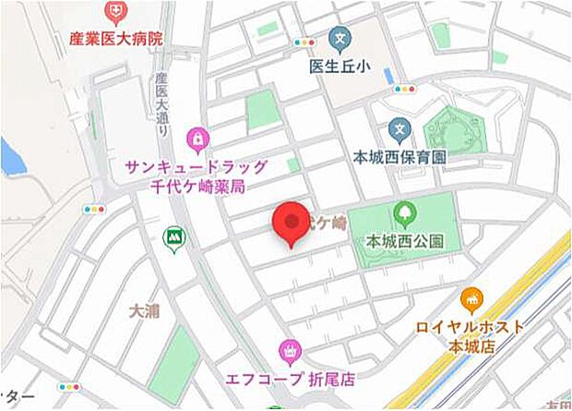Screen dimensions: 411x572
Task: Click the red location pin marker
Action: (292, 224)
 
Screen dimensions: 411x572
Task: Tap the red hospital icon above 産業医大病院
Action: (115, 13)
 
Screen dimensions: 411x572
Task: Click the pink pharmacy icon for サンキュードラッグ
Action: (197, 140)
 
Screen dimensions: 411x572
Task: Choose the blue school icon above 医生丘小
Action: (338, 40)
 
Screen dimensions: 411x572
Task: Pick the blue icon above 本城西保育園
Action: (399, 128)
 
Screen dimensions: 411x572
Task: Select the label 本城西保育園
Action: (399, 157)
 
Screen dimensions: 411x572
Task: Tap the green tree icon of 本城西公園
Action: (404, 214)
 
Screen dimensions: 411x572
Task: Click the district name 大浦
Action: (144, 310)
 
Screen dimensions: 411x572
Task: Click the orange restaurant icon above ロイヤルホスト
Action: (471, 301)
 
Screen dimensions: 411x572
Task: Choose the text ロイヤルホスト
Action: (471, 327)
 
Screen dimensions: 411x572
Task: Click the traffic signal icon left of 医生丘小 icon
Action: (304, 42)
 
